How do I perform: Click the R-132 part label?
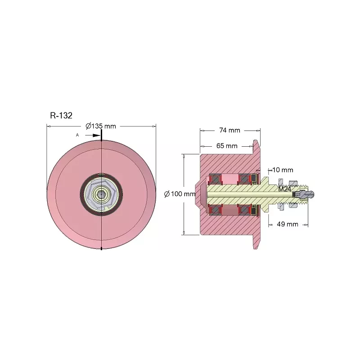[61, 115]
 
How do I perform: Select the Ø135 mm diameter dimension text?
[101, 126]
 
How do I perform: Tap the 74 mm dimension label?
[229, 130]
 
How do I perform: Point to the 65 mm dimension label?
[227, 146]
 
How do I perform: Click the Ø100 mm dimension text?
[180, 194]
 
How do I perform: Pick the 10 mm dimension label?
[283, 170]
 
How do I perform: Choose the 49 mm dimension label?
[288, 224]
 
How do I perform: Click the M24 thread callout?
[284, 189]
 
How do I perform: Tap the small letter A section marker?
[77, 135]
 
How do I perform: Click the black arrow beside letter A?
[93, 135]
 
